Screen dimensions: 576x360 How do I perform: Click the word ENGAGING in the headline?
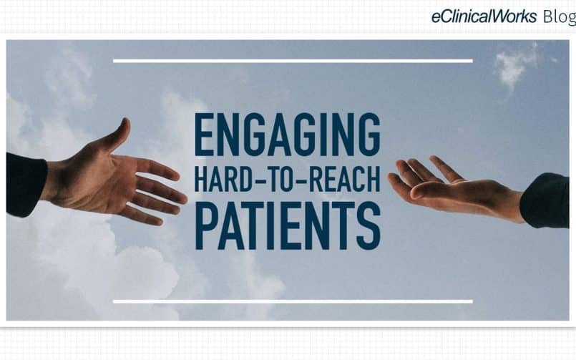[x=287, y=135]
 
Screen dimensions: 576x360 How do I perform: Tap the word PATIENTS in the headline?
[x=288, y=226]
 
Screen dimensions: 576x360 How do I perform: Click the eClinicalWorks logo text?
[x=484, y=16]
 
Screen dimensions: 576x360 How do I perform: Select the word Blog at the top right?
[x=560, y=17]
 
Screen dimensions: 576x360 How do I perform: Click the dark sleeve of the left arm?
[x=26, y=185]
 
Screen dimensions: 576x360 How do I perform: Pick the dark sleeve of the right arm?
[x=545, y=200]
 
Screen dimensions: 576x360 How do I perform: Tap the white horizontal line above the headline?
[x=293, y=61]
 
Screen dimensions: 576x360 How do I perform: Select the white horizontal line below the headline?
[x=293, y=301]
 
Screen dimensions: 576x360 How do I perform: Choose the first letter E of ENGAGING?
[x=204, y=135]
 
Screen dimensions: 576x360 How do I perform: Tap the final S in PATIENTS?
[x=368, y=226]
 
